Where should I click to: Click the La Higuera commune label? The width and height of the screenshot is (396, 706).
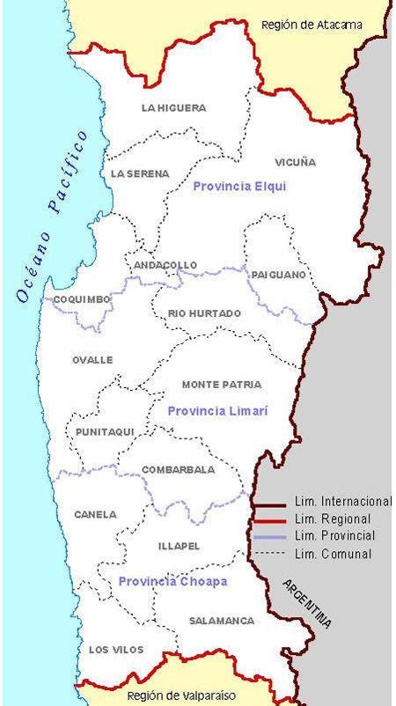point(173,108)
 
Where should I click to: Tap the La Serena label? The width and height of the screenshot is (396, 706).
point(140,174)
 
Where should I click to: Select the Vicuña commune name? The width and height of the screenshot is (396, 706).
point(295,163)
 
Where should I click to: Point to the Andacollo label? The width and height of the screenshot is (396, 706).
point(165,265)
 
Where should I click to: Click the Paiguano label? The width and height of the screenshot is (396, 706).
point(278,275)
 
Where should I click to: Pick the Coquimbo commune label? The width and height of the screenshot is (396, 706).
point(82,299)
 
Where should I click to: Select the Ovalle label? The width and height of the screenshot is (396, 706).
point(92,360)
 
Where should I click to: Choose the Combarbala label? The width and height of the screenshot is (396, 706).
point(179,469)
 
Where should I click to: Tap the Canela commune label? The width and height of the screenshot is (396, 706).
point(95,514)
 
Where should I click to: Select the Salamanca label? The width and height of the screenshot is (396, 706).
point(222,621)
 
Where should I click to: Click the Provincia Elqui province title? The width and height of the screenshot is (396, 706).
point(239,187)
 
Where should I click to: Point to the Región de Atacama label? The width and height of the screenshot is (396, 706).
point(312,25)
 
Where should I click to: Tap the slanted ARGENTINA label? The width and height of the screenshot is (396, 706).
point(308,604)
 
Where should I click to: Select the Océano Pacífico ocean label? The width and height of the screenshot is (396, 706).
point(52,217)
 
